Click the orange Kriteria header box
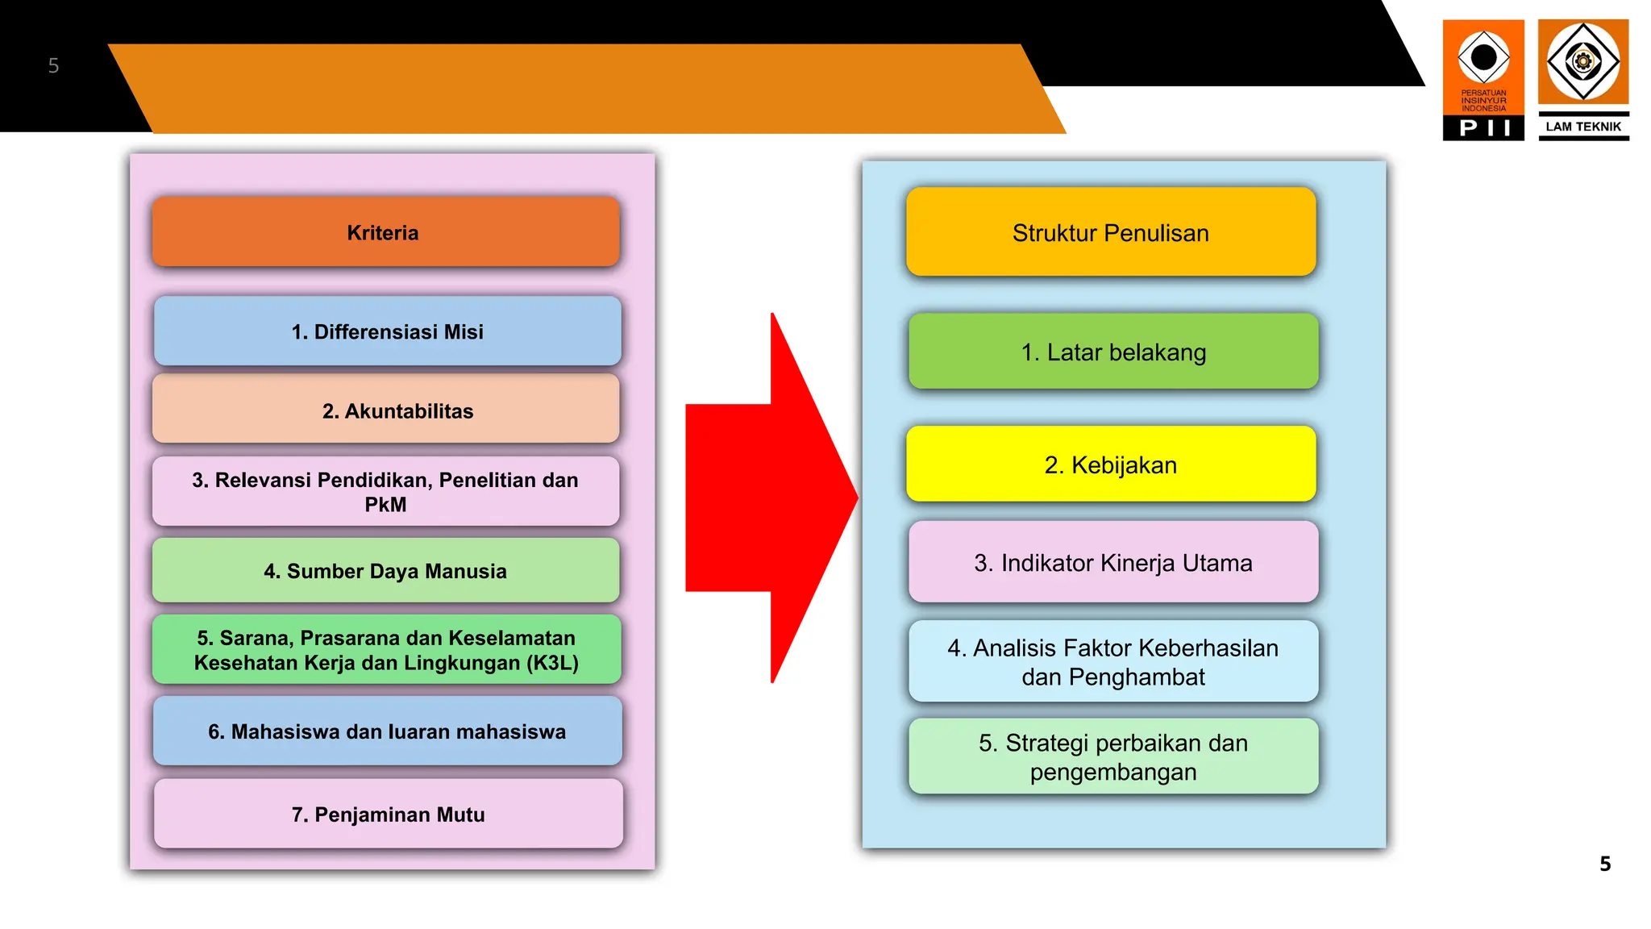[x=385, y=232]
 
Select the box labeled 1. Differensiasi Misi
[x=387, y=331]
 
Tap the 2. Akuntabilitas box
[x=385, y=410]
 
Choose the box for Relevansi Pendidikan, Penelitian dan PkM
[x=385, y=492]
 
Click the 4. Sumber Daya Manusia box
[x=385, y=571]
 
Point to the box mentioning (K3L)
[x=385, y=650]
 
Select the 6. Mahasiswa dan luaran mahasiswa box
[x=387, y=731]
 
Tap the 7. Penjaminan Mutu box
[x=388, y=814]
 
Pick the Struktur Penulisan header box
[x=1110, y=232]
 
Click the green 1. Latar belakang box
[x=1113, y=352]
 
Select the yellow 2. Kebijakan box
[x=1110, y=464]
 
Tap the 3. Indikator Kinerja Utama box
[x=1113, y=562]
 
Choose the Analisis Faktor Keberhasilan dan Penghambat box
[x=1113, y=661]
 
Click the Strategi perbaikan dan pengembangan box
[x=1113, y=756]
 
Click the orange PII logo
[x=1483, y=80]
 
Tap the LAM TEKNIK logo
[x=1583, y=80]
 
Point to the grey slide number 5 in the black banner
[x=53, y=65]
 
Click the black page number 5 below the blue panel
[x=1605, y=864]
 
